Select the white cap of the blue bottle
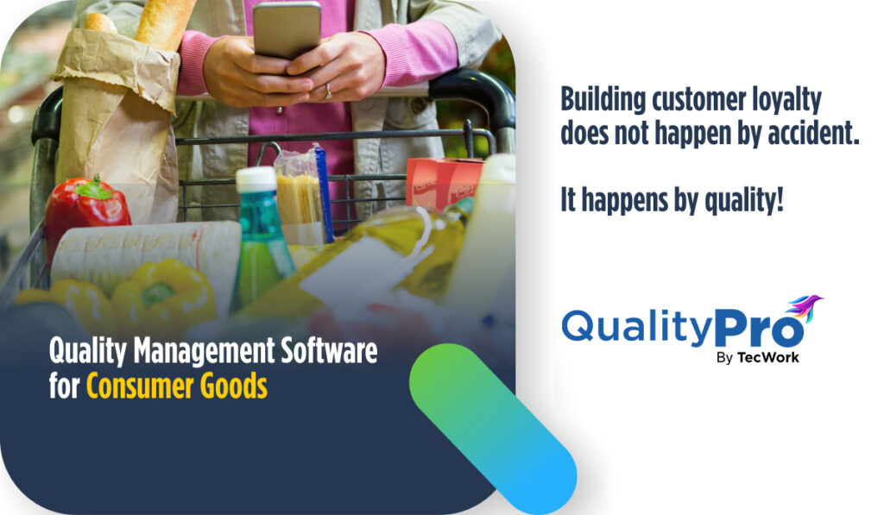click(x=256, y=179)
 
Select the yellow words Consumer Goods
click(x=176, y=386)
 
